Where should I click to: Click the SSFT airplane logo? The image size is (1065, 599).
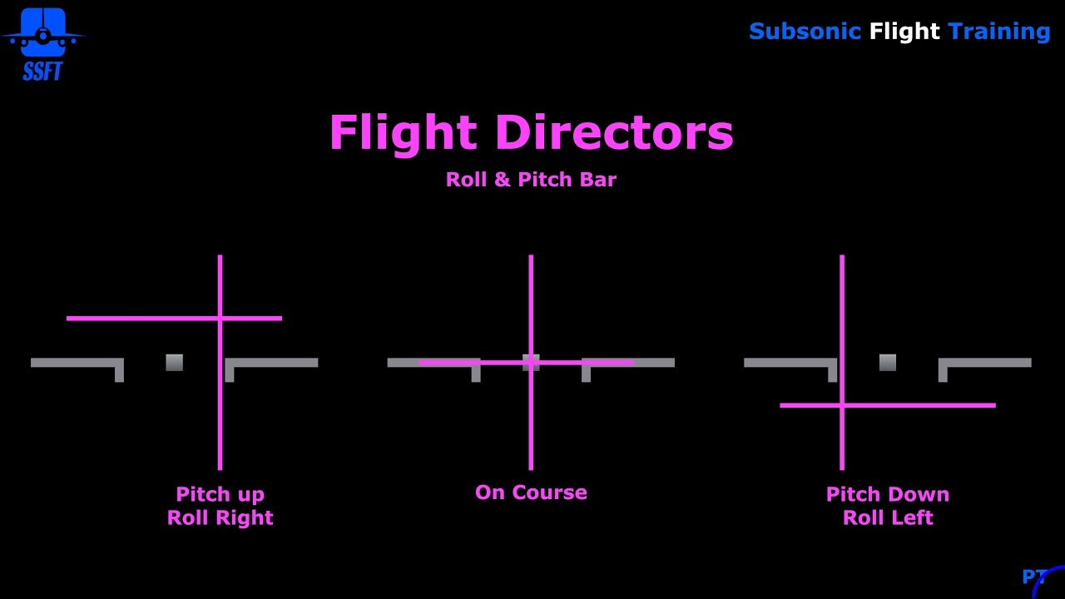(x=42, y=42)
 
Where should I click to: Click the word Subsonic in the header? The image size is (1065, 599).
(x=804, y=32)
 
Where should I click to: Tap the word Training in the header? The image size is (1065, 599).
(x=998, y=32)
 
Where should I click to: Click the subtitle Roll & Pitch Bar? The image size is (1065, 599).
(x=531, y=180)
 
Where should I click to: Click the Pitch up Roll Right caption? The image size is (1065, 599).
(x=220, y=506)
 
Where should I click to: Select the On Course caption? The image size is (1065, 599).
(x=531, y=493)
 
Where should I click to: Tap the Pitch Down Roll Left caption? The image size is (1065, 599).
(x=888, y=506)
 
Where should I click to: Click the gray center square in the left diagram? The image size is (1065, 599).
(x=174, y=363)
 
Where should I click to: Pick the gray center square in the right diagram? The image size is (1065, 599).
(x=888, y=363)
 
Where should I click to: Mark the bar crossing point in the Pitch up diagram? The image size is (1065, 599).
(x=220, y=318)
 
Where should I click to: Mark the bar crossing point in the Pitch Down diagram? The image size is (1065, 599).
(x=842, y=405)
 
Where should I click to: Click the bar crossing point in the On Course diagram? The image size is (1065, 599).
(x=531, y=363)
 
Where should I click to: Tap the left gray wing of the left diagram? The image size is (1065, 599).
(x=75, y=363)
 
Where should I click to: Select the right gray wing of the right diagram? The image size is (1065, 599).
(x=986, y=363)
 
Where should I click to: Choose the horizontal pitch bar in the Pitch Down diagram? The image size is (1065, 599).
(x=924, y=405)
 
